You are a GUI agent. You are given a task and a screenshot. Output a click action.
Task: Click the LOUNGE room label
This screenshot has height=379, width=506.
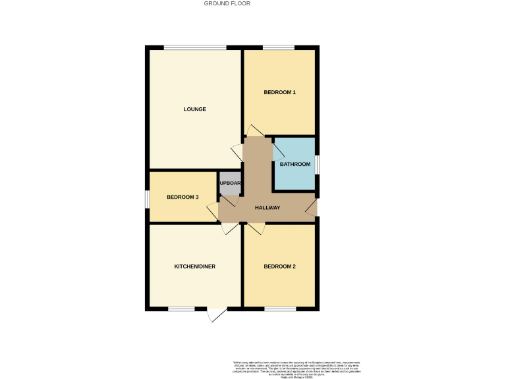[194, 109]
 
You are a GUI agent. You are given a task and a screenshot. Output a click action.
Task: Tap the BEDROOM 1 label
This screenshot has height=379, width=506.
[279, 92]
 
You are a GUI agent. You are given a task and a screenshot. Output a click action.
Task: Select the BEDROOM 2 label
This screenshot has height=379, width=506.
[279, 266]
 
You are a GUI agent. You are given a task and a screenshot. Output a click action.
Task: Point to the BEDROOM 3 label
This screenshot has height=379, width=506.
[183, 197]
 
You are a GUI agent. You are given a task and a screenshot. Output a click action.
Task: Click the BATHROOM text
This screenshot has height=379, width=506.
[295, 164]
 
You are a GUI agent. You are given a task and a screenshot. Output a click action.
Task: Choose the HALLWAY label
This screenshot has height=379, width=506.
[267, 208]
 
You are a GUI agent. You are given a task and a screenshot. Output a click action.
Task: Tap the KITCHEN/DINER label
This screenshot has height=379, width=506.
[194, 266]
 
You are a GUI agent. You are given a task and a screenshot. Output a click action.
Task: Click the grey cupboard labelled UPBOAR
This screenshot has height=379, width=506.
[231, 184]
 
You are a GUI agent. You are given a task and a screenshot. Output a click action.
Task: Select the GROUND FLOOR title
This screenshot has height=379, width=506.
[227, 4]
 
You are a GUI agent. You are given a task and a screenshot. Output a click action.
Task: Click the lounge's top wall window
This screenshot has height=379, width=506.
[195, 47]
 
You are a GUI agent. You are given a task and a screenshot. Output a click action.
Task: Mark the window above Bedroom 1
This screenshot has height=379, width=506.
[278, 47]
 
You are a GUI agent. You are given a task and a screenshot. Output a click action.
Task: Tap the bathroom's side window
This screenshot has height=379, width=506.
[317, 164]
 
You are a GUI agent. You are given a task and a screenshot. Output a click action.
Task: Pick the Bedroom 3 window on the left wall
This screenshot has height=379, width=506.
[147, 198]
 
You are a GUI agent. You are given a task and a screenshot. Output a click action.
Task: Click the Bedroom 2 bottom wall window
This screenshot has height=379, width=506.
[279, 309]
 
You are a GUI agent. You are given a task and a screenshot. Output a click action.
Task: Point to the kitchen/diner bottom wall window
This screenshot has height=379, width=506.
[181, 309]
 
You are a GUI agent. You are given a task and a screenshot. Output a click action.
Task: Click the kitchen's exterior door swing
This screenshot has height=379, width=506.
[216, 315]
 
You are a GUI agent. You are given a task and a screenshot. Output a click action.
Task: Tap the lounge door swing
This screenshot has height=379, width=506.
[237, 152]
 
